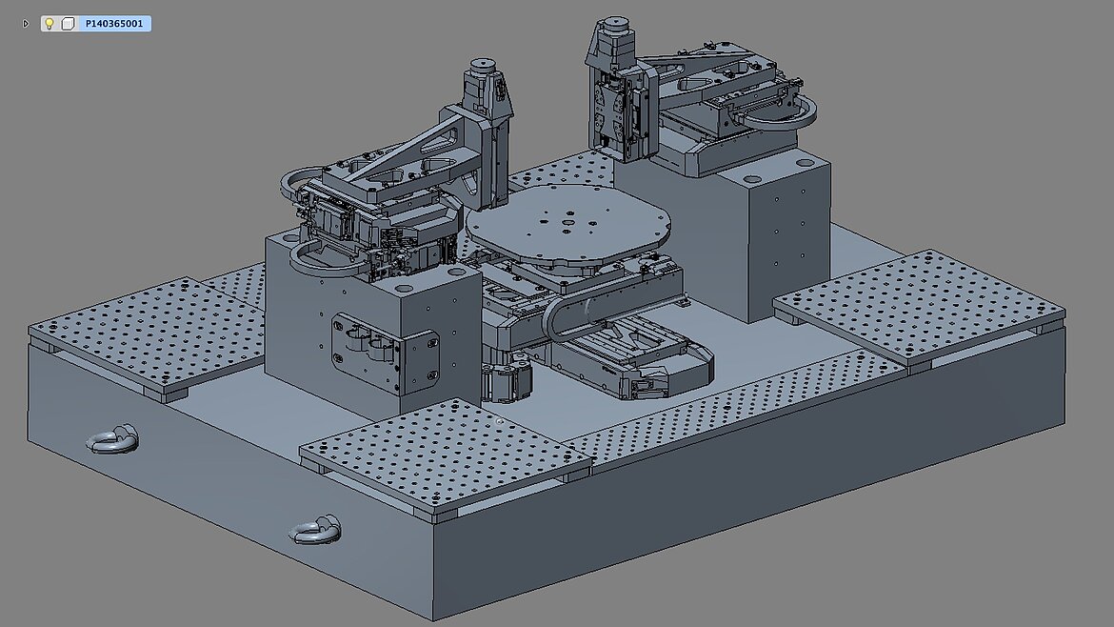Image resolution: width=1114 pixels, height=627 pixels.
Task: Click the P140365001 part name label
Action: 113,24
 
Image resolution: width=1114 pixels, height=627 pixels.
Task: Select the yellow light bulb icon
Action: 49,24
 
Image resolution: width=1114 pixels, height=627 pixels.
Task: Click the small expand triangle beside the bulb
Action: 26,24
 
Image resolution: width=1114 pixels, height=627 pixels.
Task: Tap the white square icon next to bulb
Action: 68,24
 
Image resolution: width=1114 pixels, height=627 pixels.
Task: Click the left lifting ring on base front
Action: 112,440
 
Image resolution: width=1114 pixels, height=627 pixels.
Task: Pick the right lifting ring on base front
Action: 315,531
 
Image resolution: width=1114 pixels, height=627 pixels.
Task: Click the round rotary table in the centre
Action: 567,222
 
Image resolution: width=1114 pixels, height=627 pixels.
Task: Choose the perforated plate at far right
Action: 920,306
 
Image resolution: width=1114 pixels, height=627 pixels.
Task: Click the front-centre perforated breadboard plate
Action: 446,455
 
